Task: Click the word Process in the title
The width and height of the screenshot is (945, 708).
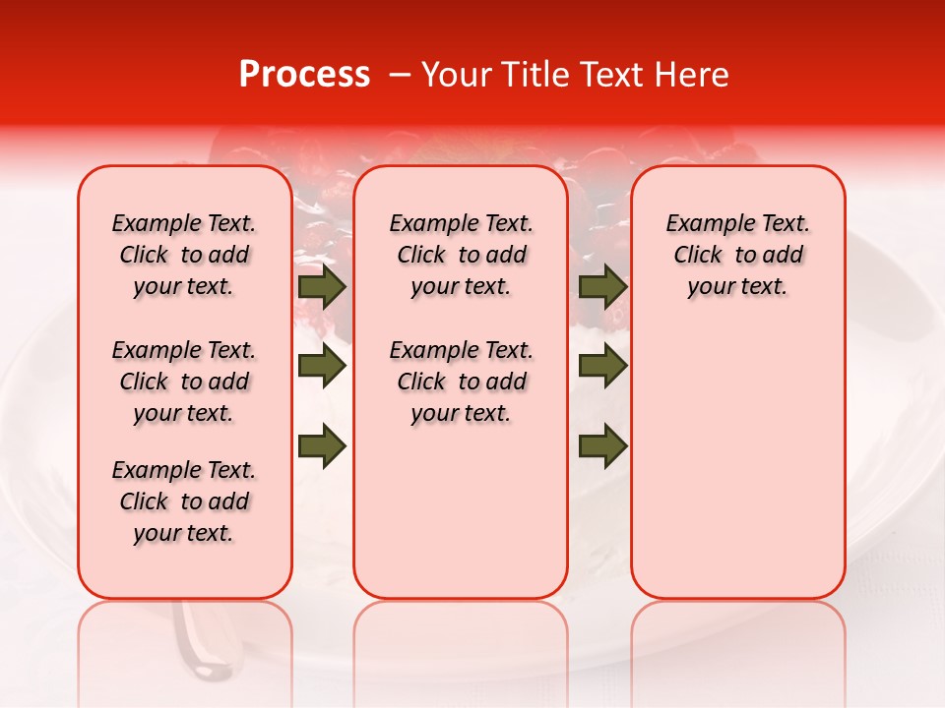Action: (304, 75)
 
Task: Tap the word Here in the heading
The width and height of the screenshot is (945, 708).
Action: (692, 75)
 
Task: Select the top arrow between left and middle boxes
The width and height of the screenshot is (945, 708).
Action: (322, 287)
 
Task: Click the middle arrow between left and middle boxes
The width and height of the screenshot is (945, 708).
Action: (322, 367)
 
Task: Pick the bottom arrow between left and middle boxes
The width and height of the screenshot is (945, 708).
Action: (322, 446)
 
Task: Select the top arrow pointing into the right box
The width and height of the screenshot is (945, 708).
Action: (602, 287)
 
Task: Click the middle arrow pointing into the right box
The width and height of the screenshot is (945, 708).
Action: (602, 367)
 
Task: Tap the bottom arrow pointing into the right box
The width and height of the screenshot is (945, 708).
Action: (602, 446)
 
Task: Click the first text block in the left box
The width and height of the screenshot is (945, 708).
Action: (184, 255)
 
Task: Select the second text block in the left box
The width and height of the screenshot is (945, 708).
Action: (184, 382)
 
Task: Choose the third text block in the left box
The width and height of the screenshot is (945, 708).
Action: (184, 501)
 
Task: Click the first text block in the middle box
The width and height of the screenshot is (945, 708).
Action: (461, 255)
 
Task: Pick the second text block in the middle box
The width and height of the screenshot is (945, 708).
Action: (461, 382)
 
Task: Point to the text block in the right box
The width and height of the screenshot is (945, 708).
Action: (737, 255)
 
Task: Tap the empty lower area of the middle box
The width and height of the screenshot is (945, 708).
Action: (461, 511)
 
